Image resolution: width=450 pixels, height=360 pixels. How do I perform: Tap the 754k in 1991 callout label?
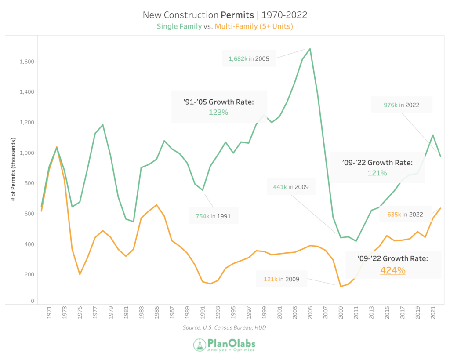coord(213,216)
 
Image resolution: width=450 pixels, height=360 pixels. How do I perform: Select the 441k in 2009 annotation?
coord(290,187)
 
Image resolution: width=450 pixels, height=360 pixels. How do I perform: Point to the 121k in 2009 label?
coord(281,279)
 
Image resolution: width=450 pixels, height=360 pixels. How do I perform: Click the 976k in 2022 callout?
coord(402,105)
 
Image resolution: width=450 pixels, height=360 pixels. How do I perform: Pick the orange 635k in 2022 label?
coord(405,215)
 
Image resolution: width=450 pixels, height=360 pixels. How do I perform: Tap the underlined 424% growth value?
coord(393,270)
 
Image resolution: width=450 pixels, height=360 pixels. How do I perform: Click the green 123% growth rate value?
coord(218,112)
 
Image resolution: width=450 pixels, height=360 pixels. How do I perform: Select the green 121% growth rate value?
coord(377,173)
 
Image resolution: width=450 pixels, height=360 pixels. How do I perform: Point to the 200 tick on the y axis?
coord(29,274)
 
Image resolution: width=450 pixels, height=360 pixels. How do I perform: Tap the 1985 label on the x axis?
coord(156,315)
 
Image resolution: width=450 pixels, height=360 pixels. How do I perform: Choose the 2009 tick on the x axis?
coord(341,315)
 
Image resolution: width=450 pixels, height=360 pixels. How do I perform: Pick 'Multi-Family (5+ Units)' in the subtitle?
coord(254,26)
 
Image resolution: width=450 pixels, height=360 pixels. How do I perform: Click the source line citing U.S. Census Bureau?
coord(225,328)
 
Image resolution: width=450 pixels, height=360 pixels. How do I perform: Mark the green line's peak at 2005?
coord(310,49)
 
